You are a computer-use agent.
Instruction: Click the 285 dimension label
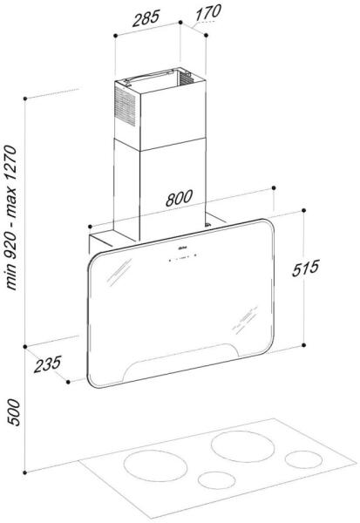tap(146, 18)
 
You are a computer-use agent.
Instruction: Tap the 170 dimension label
tap(207, 12)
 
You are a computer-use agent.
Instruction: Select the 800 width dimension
tap(179, 198)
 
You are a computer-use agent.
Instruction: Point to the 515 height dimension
tap(305, 268)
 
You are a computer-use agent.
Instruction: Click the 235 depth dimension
tap(48, 363)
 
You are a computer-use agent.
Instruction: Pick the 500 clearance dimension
tap(14, 412)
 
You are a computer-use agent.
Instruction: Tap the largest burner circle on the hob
tap(243, 446)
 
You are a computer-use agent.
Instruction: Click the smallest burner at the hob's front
tap(216, 480)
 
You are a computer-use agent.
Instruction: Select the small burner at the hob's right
tap(303, 459)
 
